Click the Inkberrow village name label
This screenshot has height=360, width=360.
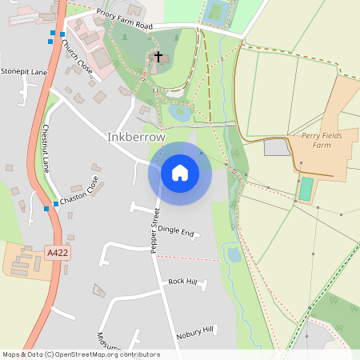tap(136, 137)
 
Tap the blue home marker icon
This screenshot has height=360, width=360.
tap(180, 172)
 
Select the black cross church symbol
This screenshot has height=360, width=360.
tap(158, 57)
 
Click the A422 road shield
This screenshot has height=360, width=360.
tap(57, 253)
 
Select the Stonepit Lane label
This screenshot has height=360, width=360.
tap(24, 71)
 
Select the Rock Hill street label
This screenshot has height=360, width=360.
tap(183, 282)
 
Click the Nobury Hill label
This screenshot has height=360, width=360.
tap(195, 330)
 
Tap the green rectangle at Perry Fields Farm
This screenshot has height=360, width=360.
tap(306, 189)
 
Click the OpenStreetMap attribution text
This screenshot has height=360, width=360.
tap(80, 354)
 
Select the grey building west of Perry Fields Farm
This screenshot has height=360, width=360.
tap(276, 147)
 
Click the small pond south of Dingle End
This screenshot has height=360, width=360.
tap(234, 254)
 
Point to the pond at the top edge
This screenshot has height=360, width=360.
tap(214, 11)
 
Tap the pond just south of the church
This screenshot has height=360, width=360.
tap(179, 112)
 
